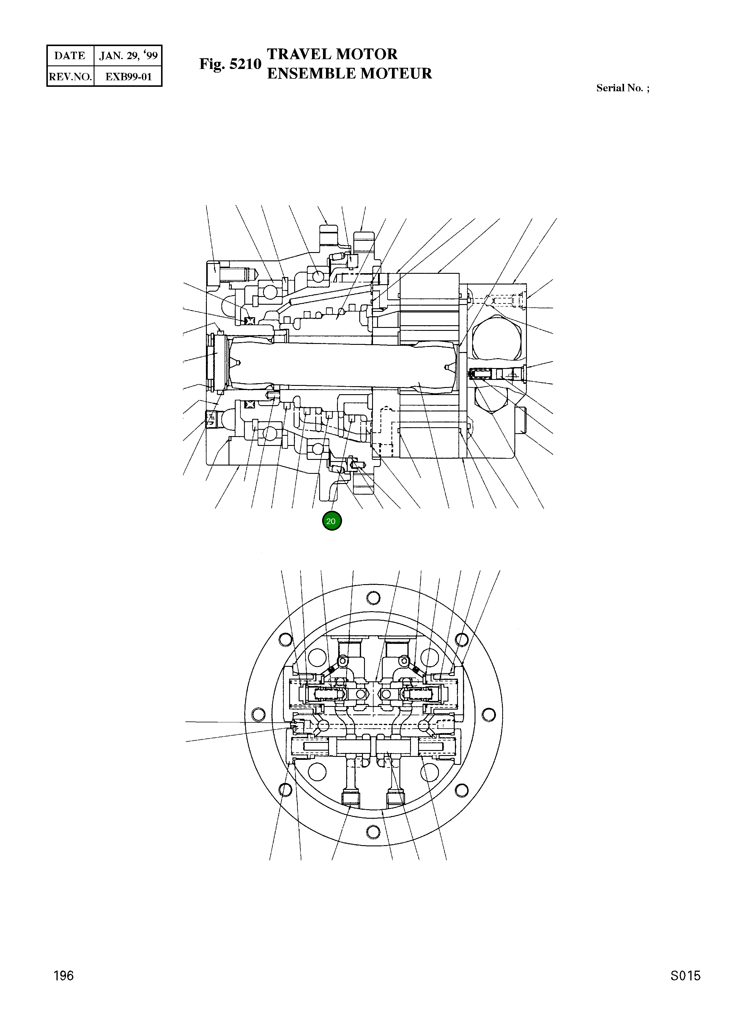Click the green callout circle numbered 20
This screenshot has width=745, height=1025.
(332, 521)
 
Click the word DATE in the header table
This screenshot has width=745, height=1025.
(70, 56)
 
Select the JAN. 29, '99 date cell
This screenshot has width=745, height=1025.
(128, 56)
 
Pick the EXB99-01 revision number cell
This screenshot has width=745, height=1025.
(128, 76)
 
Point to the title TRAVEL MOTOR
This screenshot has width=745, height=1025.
(332, 54)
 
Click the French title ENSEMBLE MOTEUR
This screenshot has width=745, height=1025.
(349, 73)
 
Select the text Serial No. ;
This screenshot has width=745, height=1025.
(623, 88)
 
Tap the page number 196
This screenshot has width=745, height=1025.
(63, 976)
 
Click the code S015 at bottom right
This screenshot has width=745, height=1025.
(685, 976)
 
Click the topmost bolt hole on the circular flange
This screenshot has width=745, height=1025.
(373, 598)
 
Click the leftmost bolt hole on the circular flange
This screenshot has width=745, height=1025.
(259, 715)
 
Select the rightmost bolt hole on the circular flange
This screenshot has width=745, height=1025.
(488, 715)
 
